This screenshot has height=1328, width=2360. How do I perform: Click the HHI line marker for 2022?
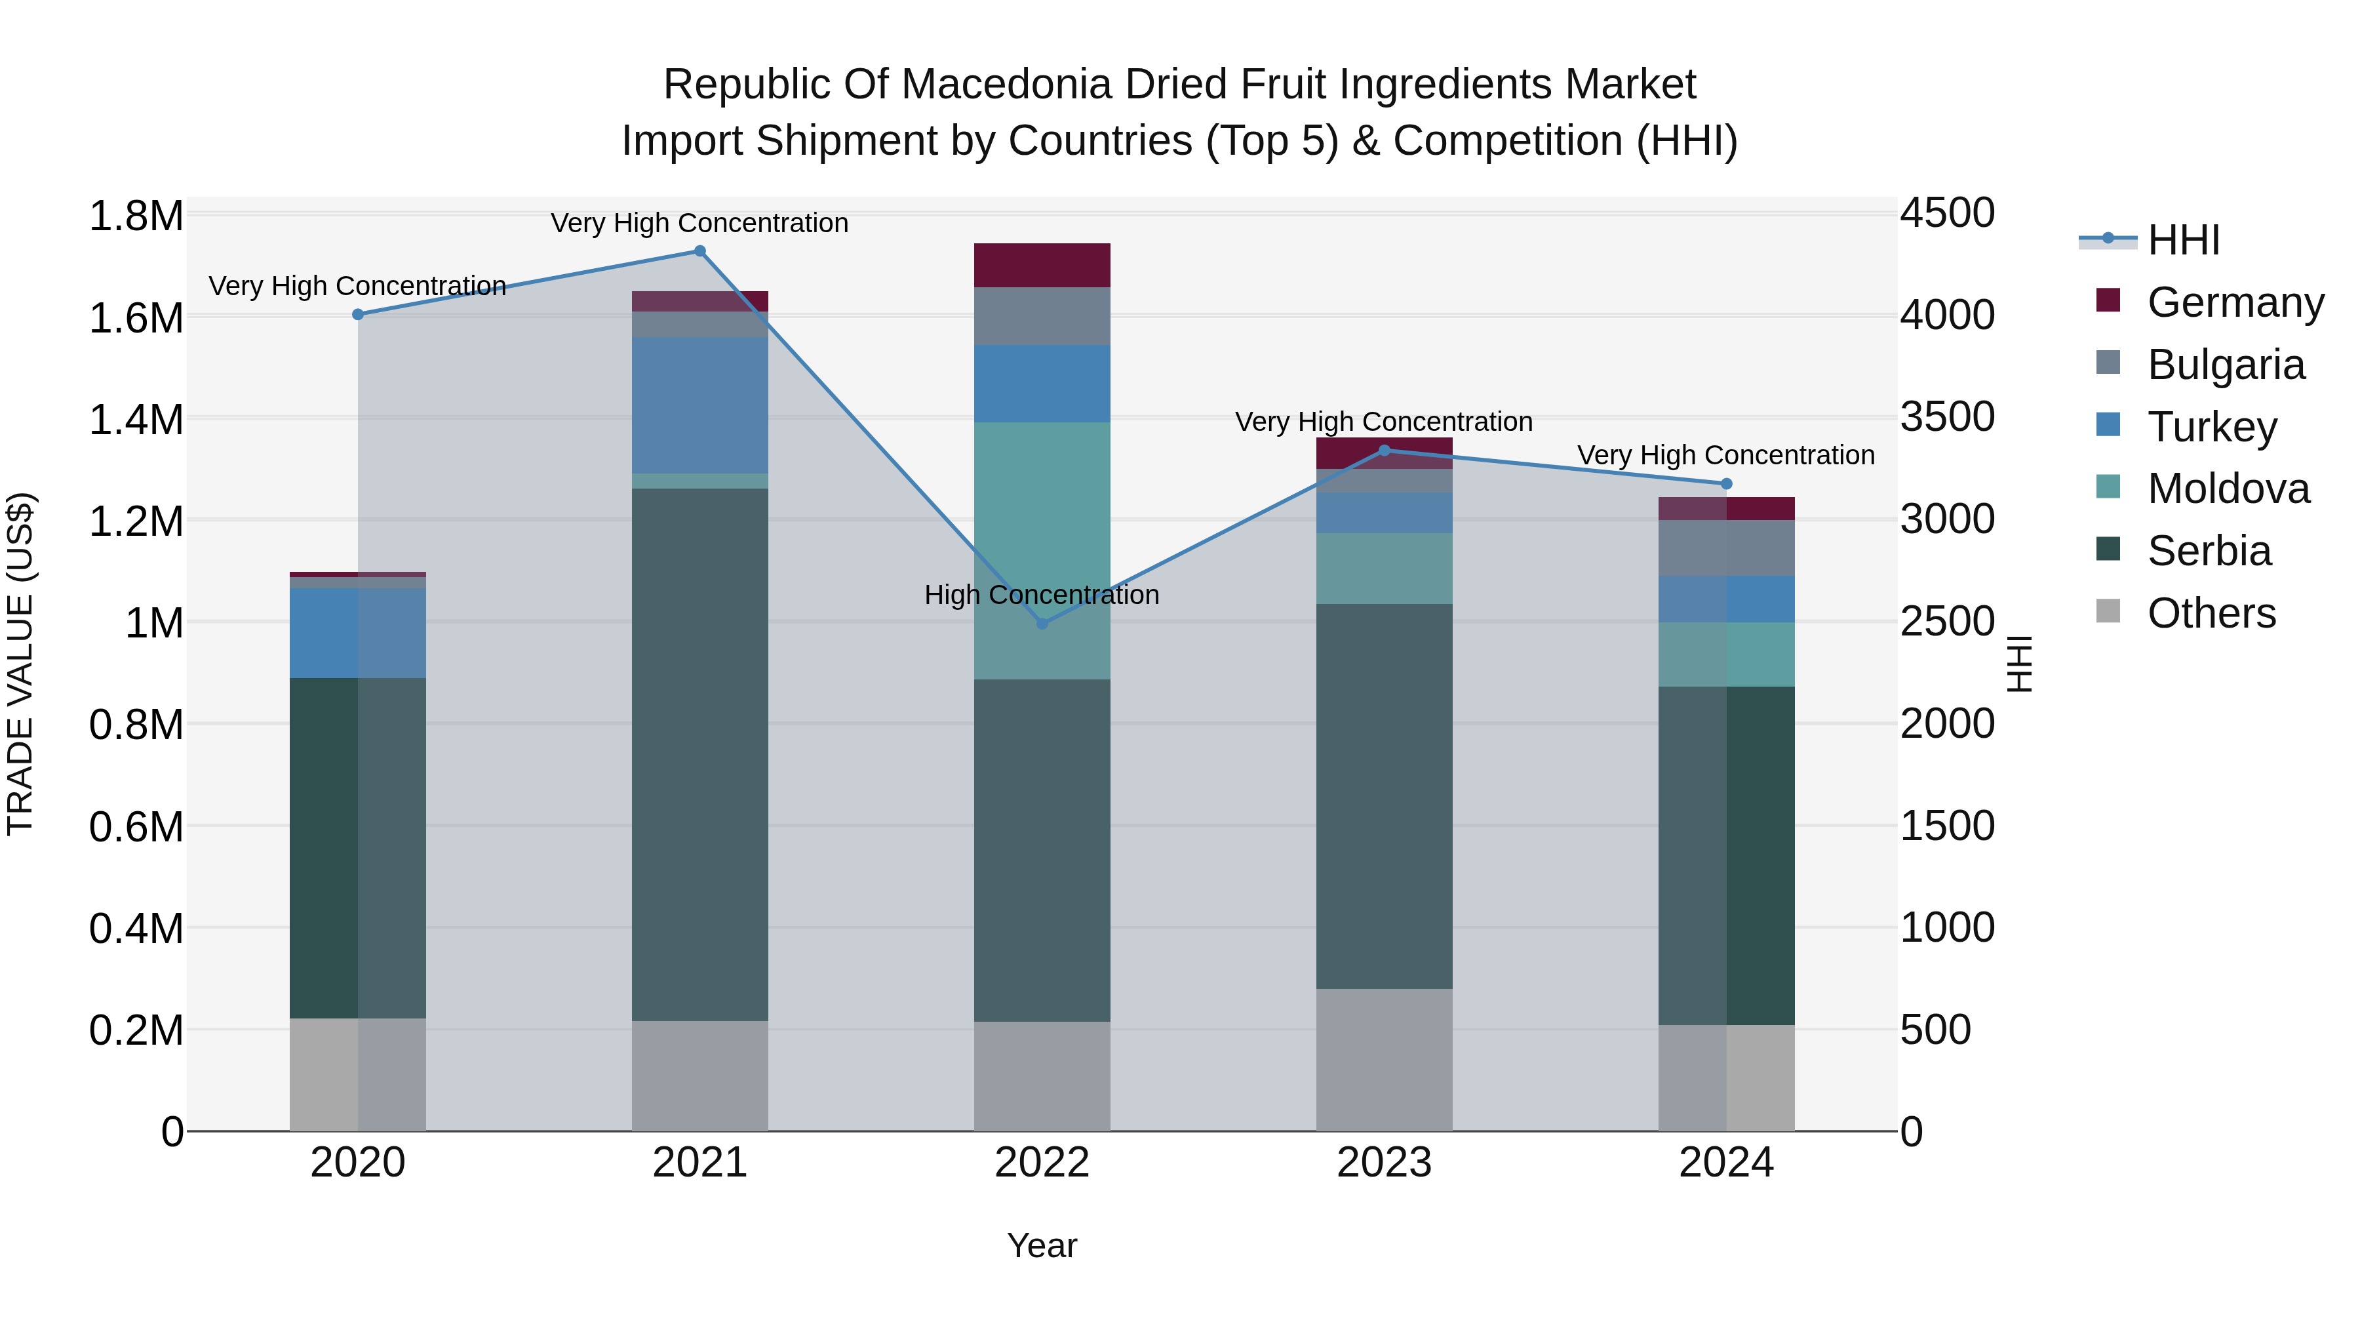1042,623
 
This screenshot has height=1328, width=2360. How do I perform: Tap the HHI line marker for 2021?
700,251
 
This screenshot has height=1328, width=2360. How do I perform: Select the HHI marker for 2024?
1726,484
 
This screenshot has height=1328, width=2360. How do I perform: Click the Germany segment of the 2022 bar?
1042,266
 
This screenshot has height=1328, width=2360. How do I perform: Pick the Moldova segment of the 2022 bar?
1042,550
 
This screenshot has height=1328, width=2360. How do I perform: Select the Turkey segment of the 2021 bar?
700,405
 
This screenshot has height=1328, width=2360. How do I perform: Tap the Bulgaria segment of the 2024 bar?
1726,548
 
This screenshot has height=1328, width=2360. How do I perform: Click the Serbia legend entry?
2208,552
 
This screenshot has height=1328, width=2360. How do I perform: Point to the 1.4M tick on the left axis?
136,420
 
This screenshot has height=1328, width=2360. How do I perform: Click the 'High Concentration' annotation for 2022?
1042,595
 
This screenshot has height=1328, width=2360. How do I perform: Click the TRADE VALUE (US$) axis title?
21,664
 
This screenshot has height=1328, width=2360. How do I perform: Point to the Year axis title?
1042,1245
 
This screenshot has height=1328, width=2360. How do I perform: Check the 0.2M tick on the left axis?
136,1031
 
